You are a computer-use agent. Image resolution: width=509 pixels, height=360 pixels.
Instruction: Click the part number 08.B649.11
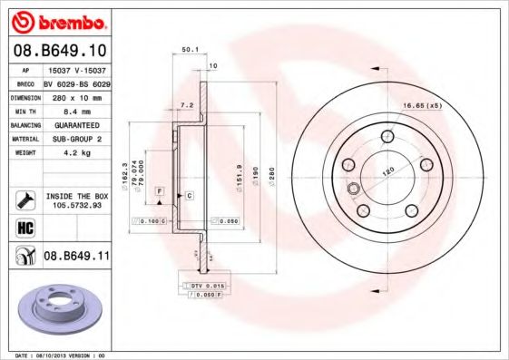click(x=76, y=257)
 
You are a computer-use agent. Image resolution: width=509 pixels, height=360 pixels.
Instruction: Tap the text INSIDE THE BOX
click(x=76, y=195)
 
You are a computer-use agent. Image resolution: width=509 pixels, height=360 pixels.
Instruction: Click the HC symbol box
click(x=24, y=227)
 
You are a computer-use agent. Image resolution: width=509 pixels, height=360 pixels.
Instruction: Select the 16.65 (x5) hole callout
click(x=422, y=107)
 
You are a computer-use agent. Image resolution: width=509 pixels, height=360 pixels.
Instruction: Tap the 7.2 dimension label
click(x=188, y=105)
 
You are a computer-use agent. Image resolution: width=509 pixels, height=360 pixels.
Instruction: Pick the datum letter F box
click(x=159, y=191)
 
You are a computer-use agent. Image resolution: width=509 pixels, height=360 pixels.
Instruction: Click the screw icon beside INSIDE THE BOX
click(x=24, y=199)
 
